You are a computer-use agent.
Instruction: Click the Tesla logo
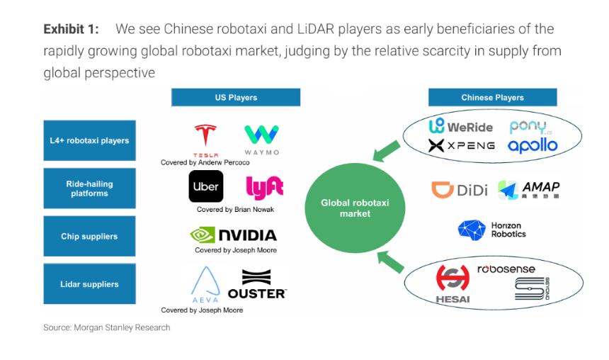pos(206,139)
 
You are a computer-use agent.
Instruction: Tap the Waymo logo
pos(261,139)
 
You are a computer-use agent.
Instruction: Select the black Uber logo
pos(206,187)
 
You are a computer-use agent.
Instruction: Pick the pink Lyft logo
pos(264,187)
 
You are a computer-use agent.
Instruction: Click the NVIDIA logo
pos(233,235)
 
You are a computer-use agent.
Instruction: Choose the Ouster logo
pos(256,284)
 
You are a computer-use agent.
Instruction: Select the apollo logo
pos(533,145)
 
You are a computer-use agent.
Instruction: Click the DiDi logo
pos(460,190)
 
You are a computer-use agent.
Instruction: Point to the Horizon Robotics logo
pos(491,230)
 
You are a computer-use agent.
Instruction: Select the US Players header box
pos(236,98)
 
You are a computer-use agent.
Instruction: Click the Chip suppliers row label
pos(89,236)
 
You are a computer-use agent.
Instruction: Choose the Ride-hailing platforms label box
pos(89,189)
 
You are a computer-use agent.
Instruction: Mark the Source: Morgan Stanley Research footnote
pos(106,327)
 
